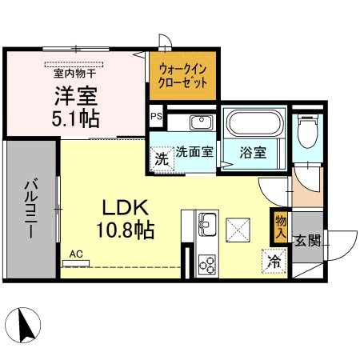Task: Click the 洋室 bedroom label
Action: (76, 95)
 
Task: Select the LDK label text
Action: (123, 206)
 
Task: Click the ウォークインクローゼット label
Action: (182, 76)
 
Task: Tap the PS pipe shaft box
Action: (155, 116)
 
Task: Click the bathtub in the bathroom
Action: (252, 124)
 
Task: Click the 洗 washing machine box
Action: (162, 158)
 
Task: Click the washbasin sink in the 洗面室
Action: (200, 122)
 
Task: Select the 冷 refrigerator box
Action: (274, 261)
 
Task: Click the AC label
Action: (76, 254)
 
